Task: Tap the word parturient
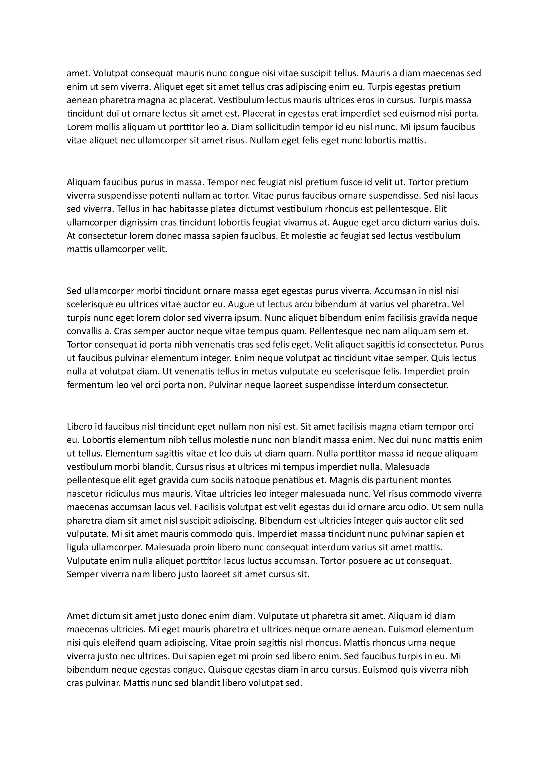point(396,480)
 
